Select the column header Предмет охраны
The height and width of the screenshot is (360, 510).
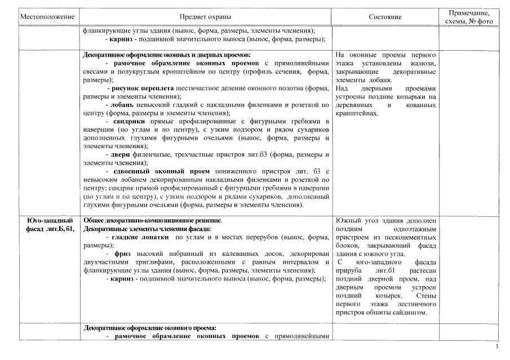[205, 17]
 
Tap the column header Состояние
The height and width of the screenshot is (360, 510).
[385, 17]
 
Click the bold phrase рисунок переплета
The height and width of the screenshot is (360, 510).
[139, 88]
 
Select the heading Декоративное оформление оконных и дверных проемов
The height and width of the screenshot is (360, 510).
[158, 55]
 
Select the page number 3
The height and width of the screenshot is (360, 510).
[496, 346]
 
